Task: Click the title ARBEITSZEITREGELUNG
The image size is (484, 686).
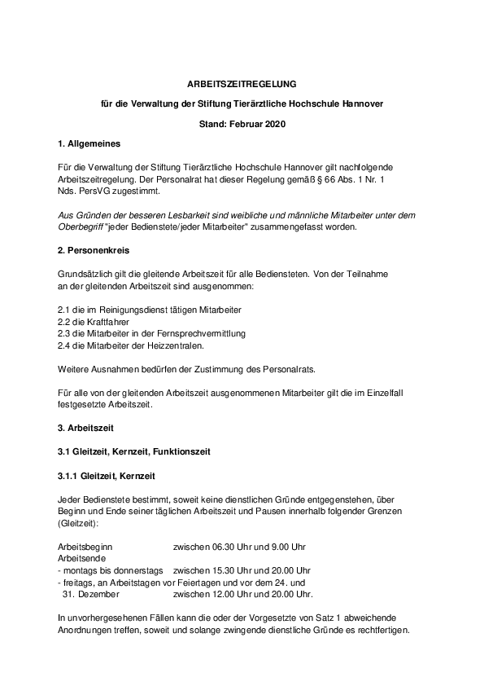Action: (x=241, y=84)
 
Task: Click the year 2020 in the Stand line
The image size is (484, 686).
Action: (x=277, y=124)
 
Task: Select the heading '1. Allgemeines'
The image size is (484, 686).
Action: (x=89, y=144)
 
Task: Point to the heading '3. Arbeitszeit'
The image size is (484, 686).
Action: (x=85, y=427)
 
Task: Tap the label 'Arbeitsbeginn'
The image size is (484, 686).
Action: (x=85, y=546)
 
